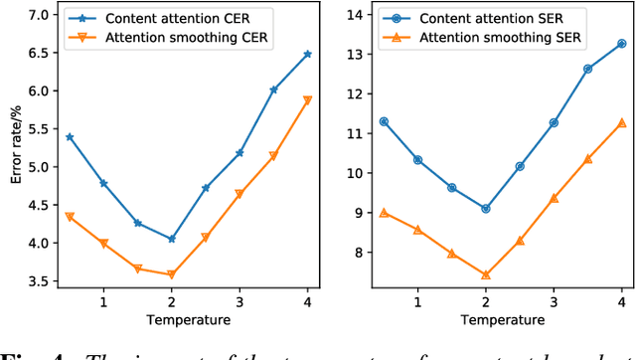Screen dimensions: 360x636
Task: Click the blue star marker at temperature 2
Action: click(x=172, y=239)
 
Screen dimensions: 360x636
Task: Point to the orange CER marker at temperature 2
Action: click(x=172, y=274)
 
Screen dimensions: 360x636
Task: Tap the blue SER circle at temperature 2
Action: click(x=485, y=209)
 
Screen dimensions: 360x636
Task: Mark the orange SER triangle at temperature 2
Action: click(x=485, y=275)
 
